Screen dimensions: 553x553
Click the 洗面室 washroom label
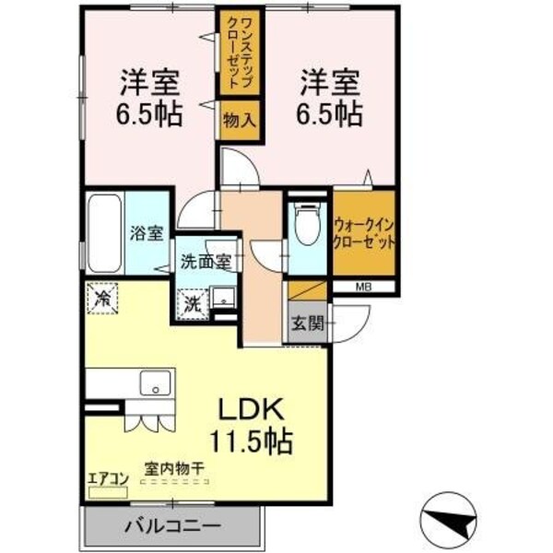pos(206,261)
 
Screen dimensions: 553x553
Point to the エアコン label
pos(107,478)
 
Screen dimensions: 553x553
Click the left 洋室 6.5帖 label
pos(148,99)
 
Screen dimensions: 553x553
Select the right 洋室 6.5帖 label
pos(328,99)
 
